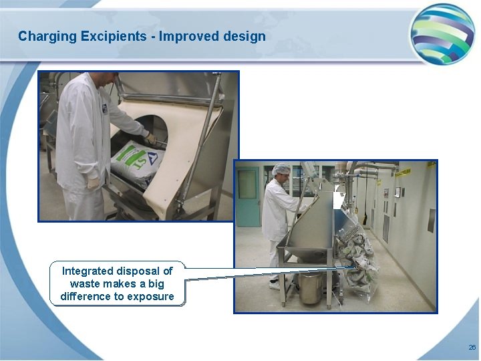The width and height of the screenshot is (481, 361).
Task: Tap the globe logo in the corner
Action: (442, 33)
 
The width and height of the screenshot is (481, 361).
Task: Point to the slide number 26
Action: (472, 348)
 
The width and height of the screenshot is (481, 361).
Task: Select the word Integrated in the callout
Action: (87, 271)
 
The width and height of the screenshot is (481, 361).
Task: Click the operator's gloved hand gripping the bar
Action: (152, 138)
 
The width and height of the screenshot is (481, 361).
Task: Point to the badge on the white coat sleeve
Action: (105, 107)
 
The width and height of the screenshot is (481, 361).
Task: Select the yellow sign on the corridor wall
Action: (404, 172)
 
